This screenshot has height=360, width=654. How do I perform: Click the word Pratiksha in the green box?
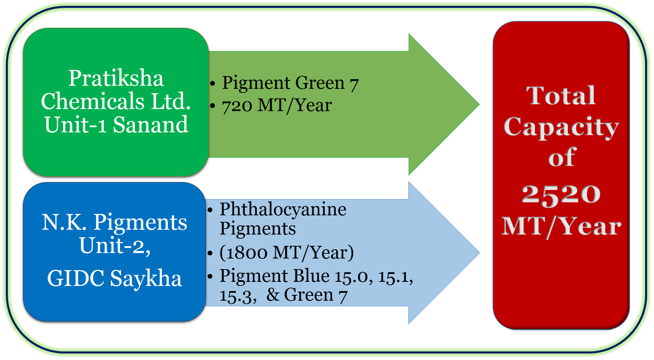click(x=116, y=79)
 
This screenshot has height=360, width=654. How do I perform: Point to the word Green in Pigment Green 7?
click(x=320, y=83)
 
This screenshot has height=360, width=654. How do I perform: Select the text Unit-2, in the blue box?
click(x=115, y=245)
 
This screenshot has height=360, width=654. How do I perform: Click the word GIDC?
click(x=76, y=278)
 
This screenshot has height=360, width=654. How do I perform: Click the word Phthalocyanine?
click(x=283, y=209)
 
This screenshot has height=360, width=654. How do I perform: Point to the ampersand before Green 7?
click(x=273, y=295)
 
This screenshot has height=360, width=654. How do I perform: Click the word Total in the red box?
click(x=561, y=96)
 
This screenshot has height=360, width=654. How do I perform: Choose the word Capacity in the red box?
click(x=561, y=127)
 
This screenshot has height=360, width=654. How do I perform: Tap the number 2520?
click(x=561, y=194)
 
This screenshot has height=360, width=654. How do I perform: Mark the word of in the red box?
click(x=562, y=158)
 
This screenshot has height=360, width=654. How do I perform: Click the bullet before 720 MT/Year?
click(x=213, y=106)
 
